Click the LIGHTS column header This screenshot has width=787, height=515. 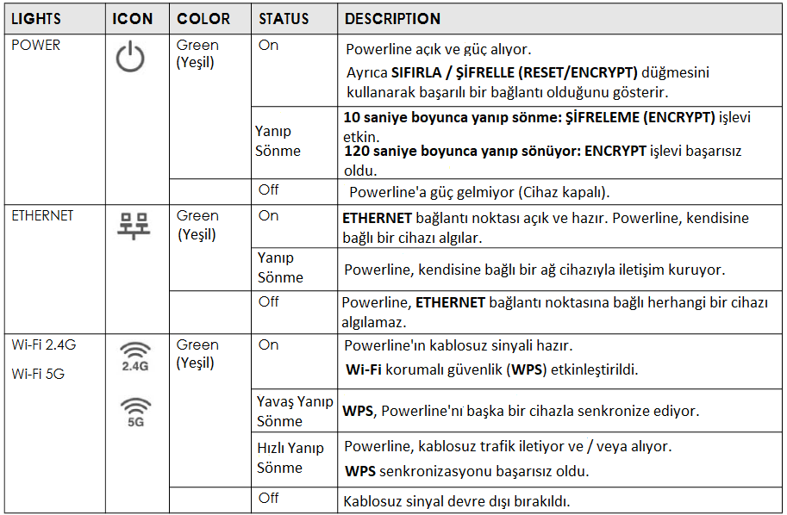(36, 18)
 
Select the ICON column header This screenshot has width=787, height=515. (134, 18)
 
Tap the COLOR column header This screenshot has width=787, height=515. (203, 18)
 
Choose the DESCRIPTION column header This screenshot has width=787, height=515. (392, 18)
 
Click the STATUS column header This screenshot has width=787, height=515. (284, 18)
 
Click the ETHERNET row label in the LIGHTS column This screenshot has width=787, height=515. (42, 215)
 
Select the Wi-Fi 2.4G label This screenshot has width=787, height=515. (43, 345)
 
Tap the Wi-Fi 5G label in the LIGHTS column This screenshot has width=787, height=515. (37, 374)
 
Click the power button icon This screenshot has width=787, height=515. (131, 59)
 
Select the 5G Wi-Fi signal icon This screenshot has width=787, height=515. (134, 412)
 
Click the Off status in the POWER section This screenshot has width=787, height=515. (269, 189)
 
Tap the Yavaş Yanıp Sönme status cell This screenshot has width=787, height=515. (295, 411)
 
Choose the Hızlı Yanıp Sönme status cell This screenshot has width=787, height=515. (290, 457)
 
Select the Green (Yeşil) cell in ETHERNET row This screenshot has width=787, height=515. (197, 225)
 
